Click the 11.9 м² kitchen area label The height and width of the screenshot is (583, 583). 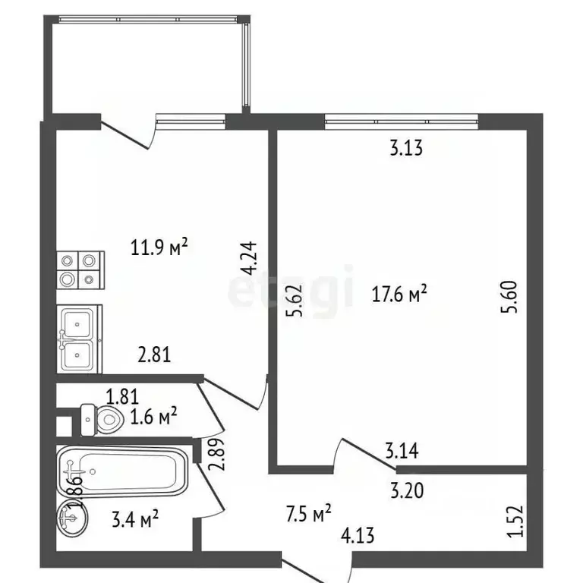pyautogui.click(x=159, y=247)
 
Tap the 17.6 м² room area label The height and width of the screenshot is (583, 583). pyautogui.click(x=399, y=295)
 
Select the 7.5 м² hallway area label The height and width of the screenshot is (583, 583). pyautogui.click(x=309, y=514)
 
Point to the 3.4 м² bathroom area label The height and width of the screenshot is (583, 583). pyautogui.click(x=135, y=519)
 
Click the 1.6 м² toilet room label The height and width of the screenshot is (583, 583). pyautogui.click(x=153, y=417)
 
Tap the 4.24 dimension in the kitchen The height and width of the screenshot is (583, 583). pyautogui.click(x=249, y=258)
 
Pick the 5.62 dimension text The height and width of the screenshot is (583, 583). pyautogui.click(x=295, y=301)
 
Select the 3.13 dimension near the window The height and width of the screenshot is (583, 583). pyautogui.click(x=406, y=148)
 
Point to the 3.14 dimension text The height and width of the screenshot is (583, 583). pyautogui.click(x=402, y=450)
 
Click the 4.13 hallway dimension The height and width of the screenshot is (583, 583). pyautogui.click(x=358, y=536)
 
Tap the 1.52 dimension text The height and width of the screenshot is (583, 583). pyautogui.click(x=515, y=521)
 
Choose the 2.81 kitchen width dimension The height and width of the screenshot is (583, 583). pyautogui.click(x=154, y=355)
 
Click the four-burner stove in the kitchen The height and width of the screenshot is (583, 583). pyautogui.click(x=80, y=270)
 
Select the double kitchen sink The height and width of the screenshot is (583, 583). pyautogui.click(x=79, y=339)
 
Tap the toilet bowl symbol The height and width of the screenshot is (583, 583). pyautogui.click(x=102, y=420)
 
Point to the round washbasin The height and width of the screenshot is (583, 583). pyautogui.click(x=73, y=518)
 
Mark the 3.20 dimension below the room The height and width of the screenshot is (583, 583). pyautogui.click(x=407, y=490)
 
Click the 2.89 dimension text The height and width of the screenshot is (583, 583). pyautogui.click(x=216, y=455)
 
